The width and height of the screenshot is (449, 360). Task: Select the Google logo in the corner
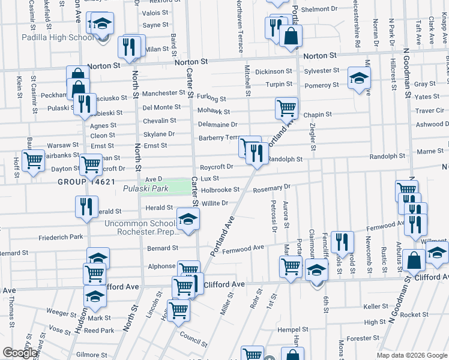click(20, 353)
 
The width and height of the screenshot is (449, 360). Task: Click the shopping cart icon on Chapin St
click(287, 108)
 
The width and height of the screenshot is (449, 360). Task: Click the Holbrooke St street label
click(220, 190)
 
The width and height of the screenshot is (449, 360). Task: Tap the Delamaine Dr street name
click(218, 125)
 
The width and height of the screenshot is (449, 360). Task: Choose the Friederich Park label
click(60, 237)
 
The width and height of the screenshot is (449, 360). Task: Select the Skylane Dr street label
click(158, 134)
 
